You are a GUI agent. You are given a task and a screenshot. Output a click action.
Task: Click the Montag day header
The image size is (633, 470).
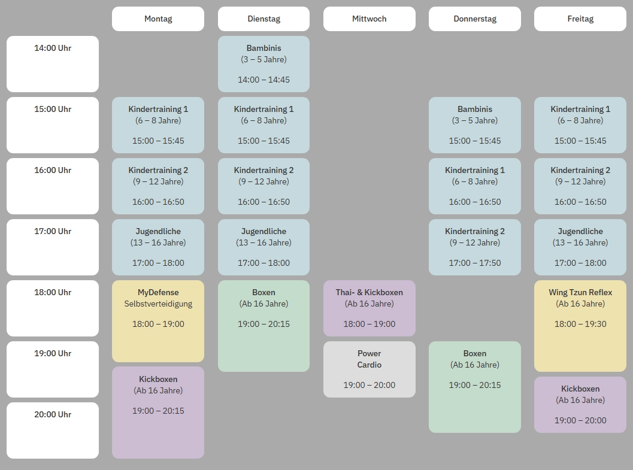click(x=158, y=19)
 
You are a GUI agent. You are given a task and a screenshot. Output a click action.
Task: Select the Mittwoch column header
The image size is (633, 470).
click(x=369, y=19)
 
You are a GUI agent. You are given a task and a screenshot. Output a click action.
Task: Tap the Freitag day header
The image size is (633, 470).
click(x=580, y=19)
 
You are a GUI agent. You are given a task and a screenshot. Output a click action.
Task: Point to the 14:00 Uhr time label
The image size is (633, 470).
click(x=53, y=48)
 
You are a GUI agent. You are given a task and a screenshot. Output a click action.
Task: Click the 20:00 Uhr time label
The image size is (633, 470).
click(x=53, y=414)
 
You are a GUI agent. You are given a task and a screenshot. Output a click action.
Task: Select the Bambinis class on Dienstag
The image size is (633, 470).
click(x=264, y=63)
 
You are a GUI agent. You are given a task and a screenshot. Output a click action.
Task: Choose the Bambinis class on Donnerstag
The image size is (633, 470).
click(x=475, y=125)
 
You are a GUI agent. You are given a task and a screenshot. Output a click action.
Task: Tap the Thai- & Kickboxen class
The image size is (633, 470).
click(x=369, y=308)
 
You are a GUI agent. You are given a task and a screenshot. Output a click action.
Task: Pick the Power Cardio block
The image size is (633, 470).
click(x=369, y=369)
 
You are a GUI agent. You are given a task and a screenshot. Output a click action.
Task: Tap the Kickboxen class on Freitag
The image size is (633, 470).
click(x=580, y=404)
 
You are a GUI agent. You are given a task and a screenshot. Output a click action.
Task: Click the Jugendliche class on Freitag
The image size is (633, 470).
click(x=580, y=247)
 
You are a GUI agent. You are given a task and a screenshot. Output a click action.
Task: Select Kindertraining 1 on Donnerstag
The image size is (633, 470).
click(x=475, y=186)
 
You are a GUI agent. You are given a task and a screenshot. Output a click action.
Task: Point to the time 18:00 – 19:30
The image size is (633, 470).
click(x=580, y=324)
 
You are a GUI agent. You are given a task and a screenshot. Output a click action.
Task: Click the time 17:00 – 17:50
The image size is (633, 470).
click(x=475, y=263)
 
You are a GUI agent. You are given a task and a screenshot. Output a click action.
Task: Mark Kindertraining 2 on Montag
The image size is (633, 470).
click(x=158, y=186)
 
